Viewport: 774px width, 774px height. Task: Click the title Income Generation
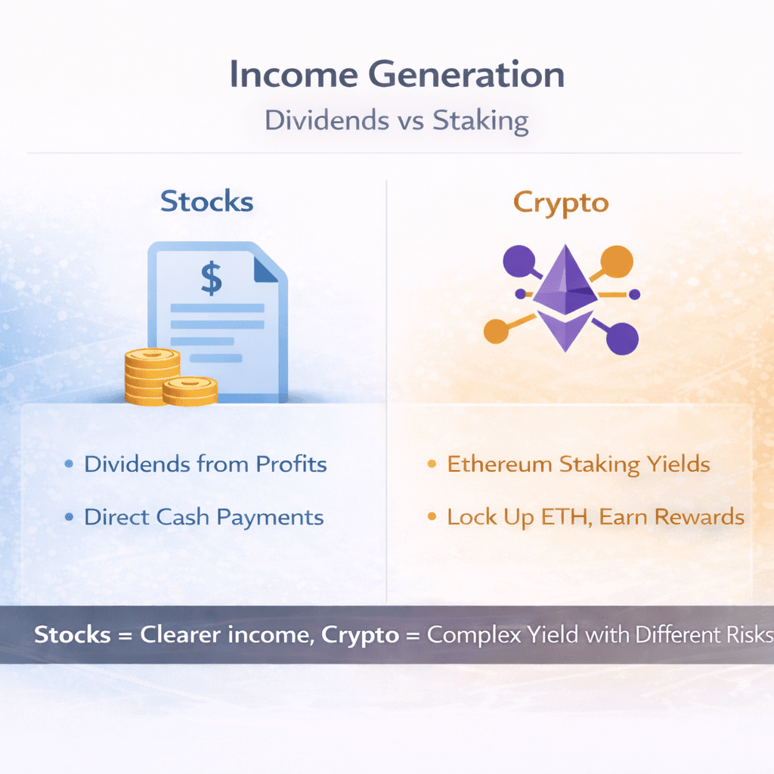click(397, 74)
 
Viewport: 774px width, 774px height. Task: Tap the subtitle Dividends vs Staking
click(397, 120)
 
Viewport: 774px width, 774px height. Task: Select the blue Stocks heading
click(207, 201)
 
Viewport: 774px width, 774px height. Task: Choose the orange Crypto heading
click(561, 203)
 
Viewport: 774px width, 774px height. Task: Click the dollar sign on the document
click(212, 278)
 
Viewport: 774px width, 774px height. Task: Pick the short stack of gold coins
click(190, 391)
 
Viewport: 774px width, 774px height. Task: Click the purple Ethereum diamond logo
click(565, 298)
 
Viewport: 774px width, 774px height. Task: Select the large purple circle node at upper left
click(519, 261)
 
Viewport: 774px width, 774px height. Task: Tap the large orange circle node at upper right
click(617, 261)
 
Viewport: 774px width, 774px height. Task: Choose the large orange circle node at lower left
click(496, 331)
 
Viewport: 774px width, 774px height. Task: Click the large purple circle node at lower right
click(623, 339)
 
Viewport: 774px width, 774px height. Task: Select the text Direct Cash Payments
click(204, 517)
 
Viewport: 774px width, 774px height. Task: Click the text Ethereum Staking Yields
click(578, 465)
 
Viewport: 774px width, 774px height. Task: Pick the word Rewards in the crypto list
click(699, 517)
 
